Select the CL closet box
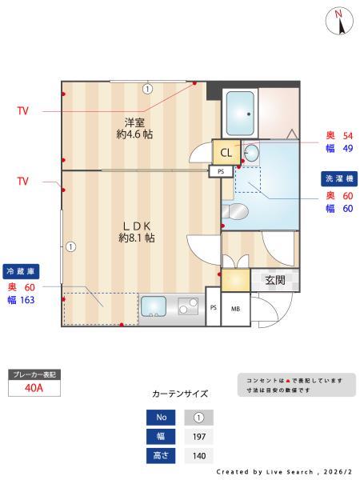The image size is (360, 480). pos(226,152)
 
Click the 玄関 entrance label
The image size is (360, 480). pos(275,280)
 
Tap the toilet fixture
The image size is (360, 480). pos(237,211)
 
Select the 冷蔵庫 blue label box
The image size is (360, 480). pos(22,270)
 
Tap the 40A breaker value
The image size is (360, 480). pos(34,389)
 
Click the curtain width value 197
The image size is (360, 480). pos(198,437)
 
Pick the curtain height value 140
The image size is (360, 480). pos(198,456)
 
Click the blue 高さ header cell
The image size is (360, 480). pos(161,456)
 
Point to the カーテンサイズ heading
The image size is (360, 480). pos(180,394)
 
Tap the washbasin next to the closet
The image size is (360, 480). pos(250,153)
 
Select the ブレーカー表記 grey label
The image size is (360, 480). pos(34,374)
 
